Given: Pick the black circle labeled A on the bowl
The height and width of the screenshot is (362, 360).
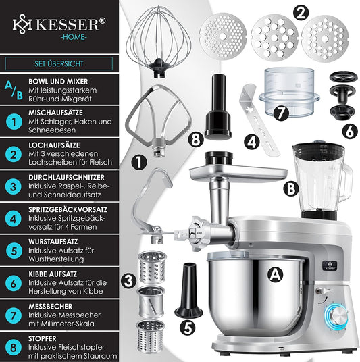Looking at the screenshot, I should tap(274, 273).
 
